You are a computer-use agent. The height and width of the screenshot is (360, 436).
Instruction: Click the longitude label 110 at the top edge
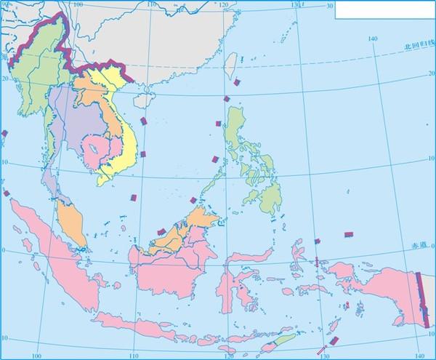pyautogui.click(x=151, y=4)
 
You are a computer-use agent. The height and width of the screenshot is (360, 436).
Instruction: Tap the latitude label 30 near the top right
pyautogui.click(x=329, y=6)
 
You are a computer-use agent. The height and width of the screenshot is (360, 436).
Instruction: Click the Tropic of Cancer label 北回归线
pyautogui.click(x=417, y=46)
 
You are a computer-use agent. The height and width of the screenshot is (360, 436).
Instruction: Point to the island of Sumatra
pyautogui.click(x=54, y=247)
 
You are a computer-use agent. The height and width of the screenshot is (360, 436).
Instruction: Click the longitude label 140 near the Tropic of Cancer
pyautogui.click(x=373, y=38)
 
